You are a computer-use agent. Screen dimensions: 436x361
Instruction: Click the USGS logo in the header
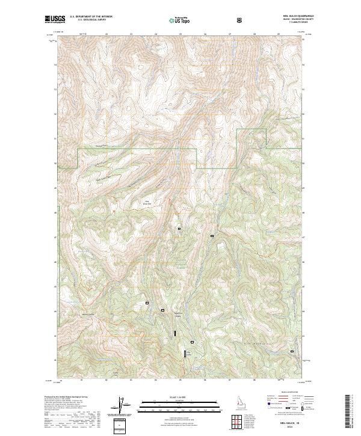tap(55, 19)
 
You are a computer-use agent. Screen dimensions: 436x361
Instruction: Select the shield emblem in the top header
tap(241, 19)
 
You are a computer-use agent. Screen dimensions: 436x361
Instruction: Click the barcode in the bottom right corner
tap(351, 415)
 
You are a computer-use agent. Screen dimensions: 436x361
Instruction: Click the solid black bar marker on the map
tap(176, 333)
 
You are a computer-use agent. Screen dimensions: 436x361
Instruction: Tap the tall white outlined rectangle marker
tap(185, 355)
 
